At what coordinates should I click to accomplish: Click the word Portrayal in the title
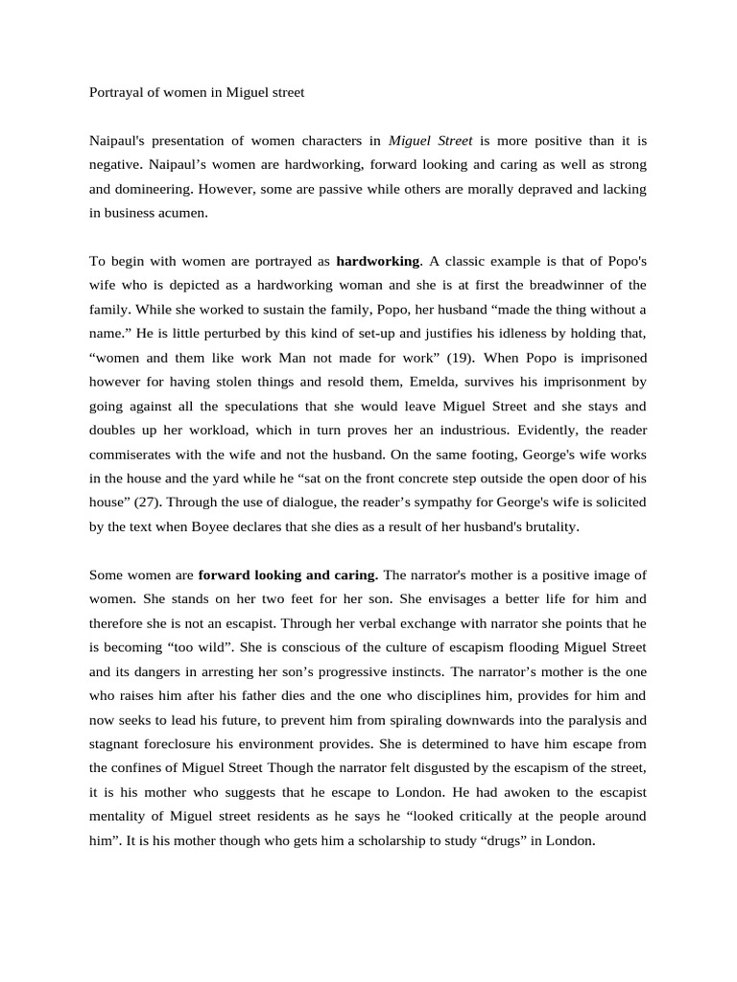(x=113, y=93)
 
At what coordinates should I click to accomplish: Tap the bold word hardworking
(x=377, y=261)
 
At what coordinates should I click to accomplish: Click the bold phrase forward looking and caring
(x=287, y=575)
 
